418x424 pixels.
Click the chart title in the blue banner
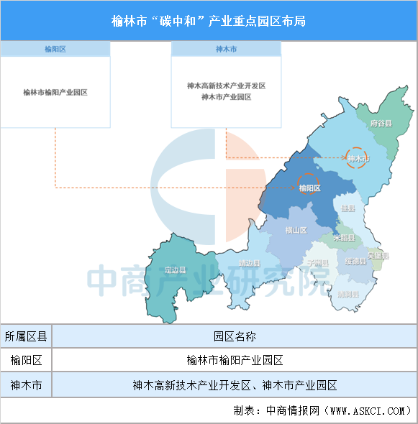pos(209,21)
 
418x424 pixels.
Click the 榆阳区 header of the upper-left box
pos(55,49)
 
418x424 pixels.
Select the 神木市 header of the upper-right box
pos(226,49)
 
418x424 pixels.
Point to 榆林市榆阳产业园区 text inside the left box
pos(55,92)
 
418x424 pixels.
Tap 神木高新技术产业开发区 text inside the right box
pos(226,86)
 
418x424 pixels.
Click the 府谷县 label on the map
pos(381,124)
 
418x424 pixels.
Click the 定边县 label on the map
pos(175,270)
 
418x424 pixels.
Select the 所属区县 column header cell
pos(27,336)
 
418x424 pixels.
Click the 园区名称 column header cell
pos(235,336)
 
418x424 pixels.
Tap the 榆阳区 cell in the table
pos(27,360)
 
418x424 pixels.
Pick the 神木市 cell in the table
pos(27,385)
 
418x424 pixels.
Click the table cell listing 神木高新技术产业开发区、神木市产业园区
pos(235,385)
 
